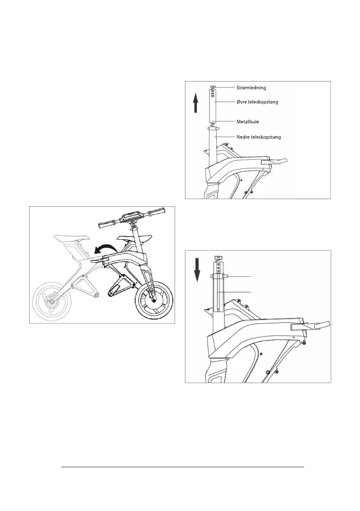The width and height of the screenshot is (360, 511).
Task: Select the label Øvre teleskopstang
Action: (x=255, y=103)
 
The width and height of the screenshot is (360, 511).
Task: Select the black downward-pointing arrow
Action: (x=197, y=269)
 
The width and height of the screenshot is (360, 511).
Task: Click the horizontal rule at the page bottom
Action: (x=182, y=467)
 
